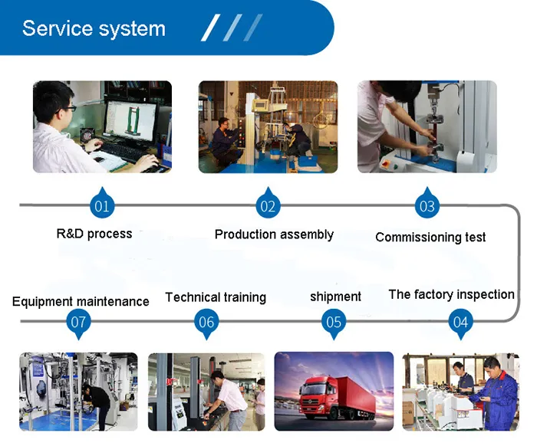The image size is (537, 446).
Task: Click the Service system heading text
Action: [x=94, y=29]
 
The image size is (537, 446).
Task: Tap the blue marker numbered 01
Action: [x=102, y=205]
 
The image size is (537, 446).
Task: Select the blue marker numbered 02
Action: [x=268, y=205]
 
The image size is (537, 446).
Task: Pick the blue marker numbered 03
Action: [x=427, y=205]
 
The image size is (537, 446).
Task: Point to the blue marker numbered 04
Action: [x=460, y=322]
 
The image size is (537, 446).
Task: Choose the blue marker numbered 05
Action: [x=334, y=322]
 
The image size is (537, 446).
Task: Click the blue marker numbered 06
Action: [x=206, y=322]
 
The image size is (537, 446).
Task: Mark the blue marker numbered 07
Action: [x=78, y=322]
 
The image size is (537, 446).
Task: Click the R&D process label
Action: [x=94, y=234]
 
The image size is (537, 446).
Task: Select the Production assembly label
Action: [x=274, y=234]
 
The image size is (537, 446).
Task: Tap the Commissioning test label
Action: [x=430, y=238]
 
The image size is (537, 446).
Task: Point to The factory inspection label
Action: [x=451, y=294]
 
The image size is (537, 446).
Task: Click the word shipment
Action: [x=335, y=297]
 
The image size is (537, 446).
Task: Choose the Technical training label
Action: [x=216, y=297]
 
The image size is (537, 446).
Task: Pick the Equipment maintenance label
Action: [x=81, y=302]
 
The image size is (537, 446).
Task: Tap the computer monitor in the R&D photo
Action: [x=130, y=123]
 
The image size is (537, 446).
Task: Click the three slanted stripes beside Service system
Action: [x=232, y=28]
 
